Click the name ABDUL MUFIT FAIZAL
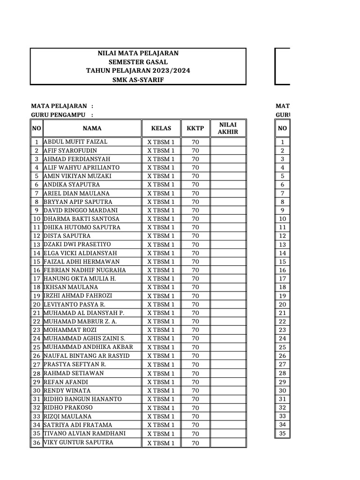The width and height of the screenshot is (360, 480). pos(75,142)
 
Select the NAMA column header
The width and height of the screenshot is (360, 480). pos(92,128)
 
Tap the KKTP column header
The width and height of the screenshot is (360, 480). pos(195,128)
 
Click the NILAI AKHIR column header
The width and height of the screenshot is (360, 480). pos(228,128)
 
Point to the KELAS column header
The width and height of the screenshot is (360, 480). pos(161,128)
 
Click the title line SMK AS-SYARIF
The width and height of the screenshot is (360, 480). pos(138,80)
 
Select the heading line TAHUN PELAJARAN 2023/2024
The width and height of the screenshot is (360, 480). pos(138,71)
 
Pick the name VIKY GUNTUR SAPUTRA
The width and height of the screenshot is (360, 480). pos(78,442)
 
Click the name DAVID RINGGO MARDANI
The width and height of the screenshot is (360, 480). pos(81,210)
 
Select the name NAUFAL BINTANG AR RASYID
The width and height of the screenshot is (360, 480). pos(87,356)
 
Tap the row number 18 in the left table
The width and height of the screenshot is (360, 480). pos(36,287)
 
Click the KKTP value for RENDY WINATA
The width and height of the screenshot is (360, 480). pos(195,390)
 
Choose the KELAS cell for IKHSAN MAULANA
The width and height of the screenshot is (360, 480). pos(161,287)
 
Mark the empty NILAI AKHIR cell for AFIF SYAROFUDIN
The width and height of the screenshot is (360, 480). pos(228,150)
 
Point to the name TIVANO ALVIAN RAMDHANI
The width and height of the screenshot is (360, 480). pos(84,433)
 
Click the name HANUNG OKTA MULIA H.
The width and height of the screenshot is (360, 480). pos(79,278)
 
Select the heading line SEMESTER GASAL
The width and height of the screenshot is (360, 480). pos(138,62)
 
